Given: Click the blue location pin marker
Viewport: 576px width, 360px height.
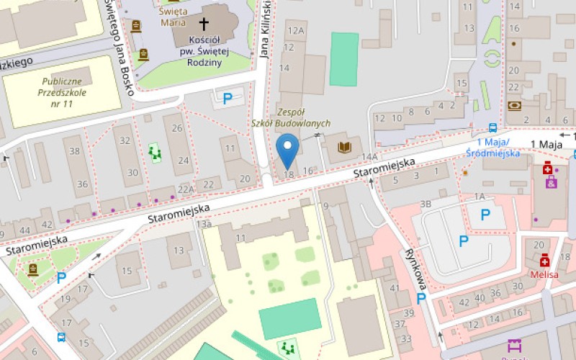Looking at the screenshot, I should pyautogui.click(x=289, y=150).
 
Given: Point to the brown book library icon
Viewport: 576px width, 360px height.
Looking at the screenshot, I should pyautogui.click(x=345, y=148).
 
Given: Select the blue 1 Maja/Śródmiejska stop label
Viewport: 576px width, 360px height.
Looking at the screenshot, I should pyautogui.click(x=498, y=147).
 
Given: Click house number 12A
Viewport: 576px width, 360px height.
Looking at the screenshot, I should pyautogui.click(x=295, y=31).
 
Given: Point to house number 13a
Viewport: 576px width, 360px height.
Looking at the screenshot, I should pyautogui.click(x=204, y=225).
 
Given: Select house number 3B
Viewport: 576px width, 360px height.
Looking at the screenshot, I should pyautogui.click(x=426, y=204).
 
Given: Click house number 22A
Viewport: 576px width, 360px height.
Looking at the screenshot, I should pyautogui.click(x=186, y=189).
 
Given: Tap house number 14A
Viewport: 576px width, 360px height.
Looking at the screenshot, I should pyautogui.click(x=370, y=157).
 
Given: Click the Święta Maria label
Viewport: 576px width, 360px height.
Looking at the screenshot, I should pyautogui.click(x=173, y=17).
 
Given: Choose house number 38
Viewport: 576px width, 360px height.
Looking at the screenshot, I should pyautogui.click(x=75, y=150).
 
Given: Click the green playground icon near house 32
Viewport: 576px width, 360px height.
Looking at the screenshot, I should pyautogui.click(x=154, y=152).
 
